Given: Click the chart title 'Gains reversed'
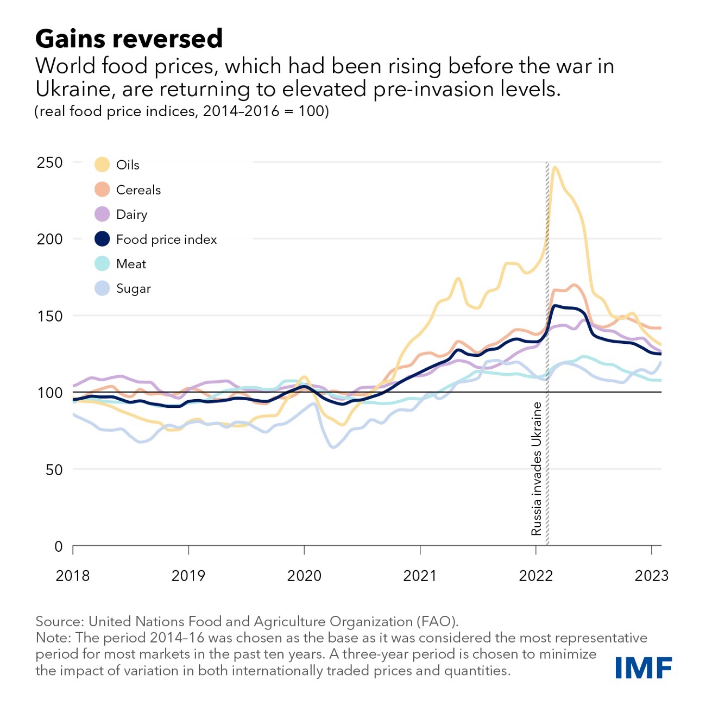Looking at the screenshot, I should [129, 39].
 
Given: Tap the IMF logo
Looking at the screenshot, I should [644, 667].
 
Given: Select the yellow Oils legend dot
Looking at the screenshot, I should [102, 165].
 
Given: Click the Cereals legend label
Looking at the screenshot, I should [138, 190].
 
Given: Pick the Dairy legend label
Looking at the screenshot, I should [131, 215].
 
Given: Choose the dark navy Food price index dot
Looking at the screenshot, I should [102, 239].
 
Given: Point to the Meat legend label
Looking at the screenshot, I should [131, 264].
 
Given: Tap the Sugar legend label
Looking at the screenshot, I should [133, 288].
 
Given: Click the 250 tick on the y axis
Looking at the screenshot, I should [50, 162].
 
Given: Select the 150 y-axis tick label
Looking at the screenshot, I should [50, 316].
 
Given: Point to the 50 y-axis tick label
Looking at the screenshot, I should [54, 470].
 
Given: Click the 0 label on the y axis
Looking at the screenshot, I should [59, 546].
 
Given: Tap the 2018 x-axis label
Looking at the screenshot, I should [73, 576].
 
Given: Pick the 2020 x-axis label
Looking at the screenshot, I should [304, 576].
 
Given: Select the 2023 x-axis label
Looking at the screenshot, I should [651, 576].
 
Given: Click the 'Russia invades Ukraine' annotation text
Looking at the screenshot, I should [537, 469].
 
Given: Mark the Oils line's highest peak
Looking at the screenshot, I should [554, 168].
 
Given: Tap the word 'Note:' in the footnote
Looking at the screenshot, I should [53, 638].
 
